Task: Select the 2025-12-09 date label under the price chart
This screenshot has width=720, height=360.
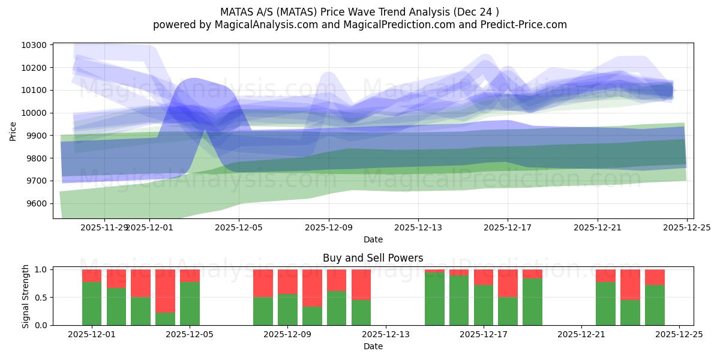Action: tap(329, 228)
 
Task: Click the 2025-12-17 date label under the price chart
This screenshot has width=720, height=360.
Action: tap(508, 228)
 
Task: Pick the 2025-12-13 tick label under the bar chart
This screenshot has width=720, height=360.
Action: tap(385, 335)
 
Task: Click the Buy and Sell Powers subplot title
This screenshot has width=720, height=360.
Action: tap(373, 258)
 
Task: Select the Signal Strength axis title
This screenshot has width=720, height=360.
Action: tap(25, 296)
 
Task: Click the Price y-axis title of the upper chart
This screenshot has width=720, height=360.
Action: tap(13, 130)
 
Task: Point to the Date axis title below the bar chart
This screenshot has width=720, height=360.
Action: tap(373, 346)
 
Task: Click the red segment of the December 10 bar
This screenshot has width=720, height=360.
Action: tap(312, 288)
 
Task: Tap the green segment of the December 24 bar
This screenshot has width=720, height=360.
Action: tap(655, 305)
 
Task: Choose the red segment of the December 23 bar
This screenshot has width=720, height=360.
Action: tap(630, 284)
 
